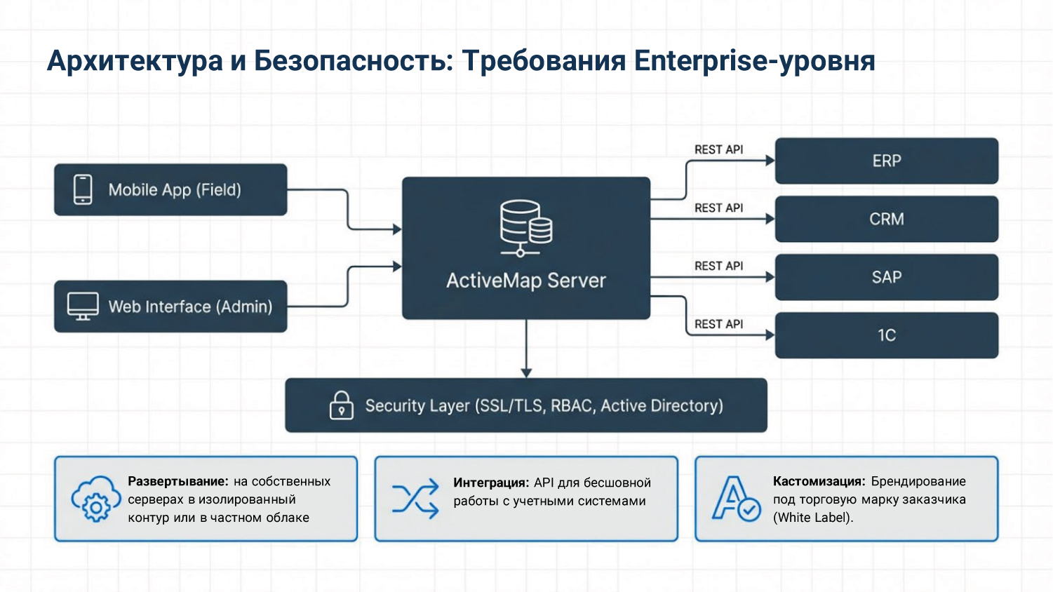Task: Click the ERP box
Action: click(x=886, y=161)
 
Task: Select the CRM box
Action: click(x=886, y=219)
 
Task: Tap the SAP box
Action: click(x=886, y=277)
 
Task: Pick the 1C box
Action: click(x=886, y=335)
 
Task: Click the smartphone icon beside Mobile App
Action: click(x=83, y=189)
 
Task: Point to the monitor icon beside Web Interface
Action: click(x=83, y=307)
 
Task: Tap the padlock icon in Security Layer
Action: click(x=342, y=405)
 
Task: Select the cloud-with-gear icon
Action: click(x=95, y=499)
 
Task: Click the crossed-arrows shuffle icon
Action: click(x=415, y=499)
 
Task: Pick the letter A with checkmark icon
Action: click(x=736, y=499)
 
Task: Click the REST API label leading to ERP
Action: click(x=718, y=149)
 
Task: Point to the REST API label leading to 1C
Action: click(x=718, y=324)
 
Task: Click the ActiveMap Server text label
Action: click(x=526, y=281)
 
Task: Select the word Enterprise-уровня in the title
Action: click(x=754, y=61)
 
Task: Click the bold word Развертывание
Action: click(x=177, y=481)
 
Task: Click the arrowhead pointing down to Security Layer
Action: click(x=526, y=372)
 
